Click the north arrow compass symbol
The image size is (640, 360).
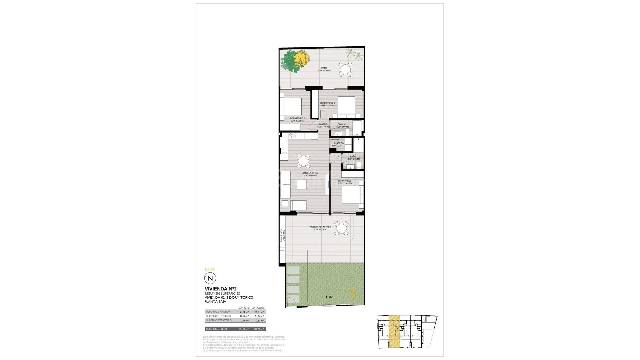click(x=210, y=278)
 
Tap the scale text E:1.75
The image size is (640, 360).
click(x=210, y=269)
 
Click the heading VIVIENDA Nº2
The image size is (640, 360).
click(x=221, y=289)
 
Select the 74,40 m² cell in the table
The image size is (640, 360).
click(x=244, y=312)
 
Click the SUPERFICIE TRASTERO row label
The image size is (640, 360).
click(x=219, y=320)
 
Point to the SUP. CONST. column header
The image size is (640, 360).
click(x=259, y=308)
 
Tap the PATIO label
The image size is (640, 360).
click(x=324, y=68)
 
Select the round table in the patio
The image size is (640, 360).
click(x=345, y=70)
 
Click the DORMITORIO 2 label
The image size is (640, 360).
click(x=328, y=103)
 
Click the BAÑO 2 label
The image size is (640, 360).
click(x=342, y=124)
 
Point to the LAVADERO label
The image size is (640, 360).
click(x=338, y=143)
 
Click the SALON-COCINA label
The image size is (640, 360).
click(x=310, y=173)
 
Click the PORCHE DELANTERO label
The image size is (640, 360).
click(x=320, y=227)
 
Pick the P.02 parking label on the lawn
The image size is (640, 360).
click(x=329, y=297)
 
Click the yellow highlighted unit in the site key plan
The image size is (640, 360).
click(x=395, y=332)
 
